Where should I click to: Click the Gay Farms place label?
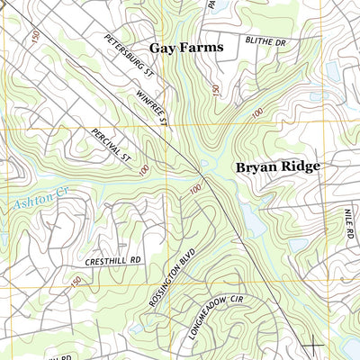pyautogui.click(x=185, y=47)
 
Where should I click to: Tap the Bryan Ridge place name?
pyautogui.click(x=278, y=166)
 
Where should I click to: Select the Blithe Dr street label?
pyautogui.click(x=265, y=41)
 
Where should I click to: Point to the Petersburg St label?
pyautogui.click(x=130, y=55)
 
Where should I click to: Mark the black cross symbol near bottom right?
pyautogui.click(x=312, y=344)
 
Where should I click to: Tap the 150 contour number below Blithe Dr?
pyautogui.click(x=215, y=89)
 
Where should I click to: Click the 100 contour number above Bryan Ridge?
pyautogui.click(x=258, y=114)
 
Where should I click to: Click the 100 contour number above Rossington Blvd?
pyautogui.click(x=195, y=188)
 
